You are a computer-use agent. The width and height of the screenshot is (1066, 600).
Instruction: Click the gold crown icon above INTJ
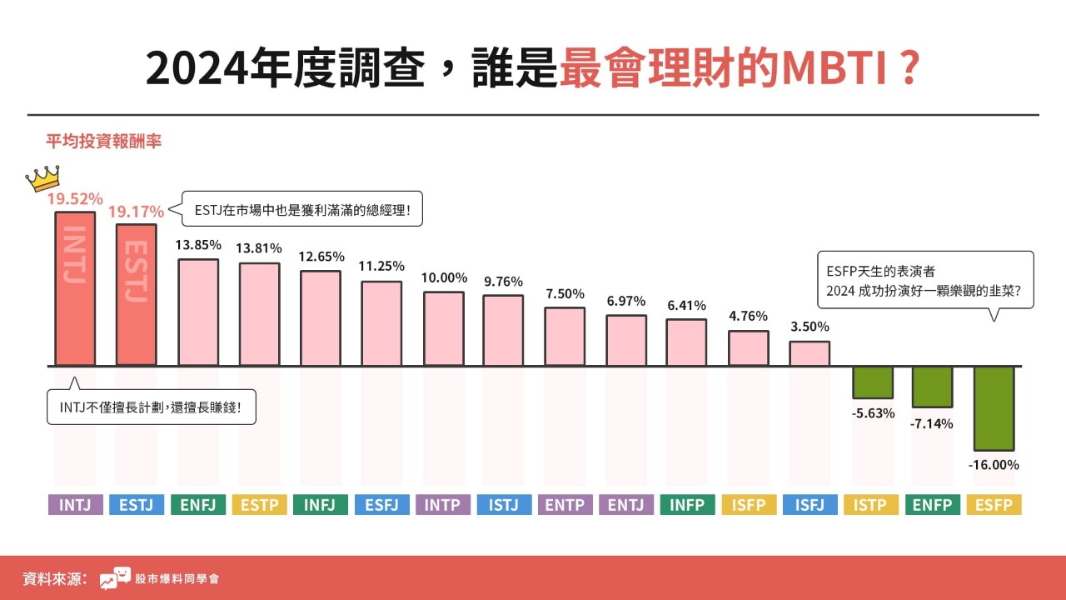43,177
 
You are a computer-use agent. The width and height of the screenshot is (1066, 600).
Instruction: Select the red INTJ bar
75,288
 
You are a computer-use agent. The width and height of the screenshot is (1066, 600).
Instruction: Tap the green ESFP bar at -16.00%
994,408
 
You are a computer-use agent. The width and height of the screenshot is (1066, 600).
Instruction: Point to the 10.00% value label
444,277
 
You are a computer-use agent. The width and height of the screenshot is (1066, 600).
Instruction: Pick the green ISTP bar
872,382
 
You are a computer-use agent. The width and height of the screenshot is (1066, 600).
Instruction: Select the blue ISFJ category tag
810,504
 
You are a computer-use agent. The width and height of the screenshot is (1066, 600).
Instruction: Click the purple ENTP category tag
565,504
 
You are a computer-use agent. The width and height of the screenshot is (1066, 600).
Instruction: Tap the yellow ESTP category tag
260,504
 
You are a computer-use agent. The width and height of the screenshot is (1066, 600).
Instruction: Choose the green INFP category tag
688,504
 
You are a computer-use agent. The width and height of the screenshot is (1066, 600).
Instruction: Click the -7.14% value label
932,423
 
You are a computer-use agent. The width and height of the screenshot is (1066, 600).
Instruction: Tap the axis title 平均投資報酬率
103,142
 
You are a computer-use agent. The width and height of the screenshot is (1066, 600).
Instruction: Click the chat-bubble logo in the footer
115,578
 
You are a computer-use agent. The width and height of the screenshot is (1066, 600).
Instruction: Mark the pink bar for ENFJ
198,312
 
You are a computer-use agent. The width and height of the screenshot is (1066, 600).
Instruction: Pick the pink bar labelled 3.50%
809,353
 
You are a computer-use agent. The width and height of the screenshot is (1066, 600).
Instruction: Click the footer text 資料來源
55,578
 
